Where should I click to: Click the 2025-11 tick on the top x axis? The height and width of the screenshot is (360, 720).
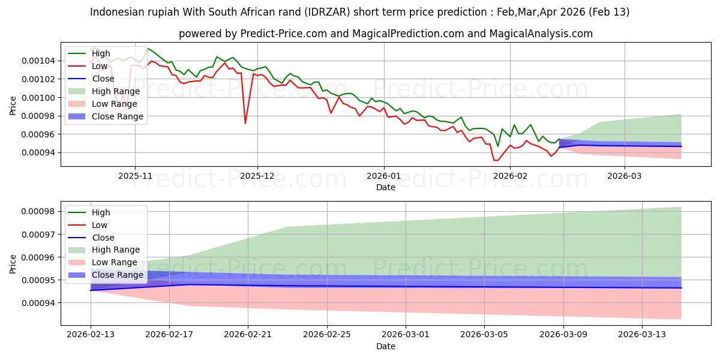[135, 176]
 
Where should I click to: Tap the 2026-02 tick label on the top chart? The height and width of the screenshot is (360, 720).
[510, 176]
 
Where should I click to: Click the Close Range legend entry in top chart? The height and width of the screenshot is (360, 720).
[118, 116]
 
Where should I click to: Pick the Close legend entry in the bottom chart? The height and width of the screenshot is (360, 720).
[103, 237]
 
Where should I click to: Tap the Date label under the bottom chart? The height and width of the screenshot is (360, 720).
[385, 346]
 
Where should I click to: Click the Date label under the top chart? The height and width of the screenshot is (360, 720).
[385, 187]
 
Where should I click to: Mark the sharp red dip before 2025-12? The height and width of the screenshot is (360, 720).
[245, 123]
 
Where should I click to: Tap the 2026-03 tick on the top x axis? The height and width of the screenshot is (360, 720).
[625, 176]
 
